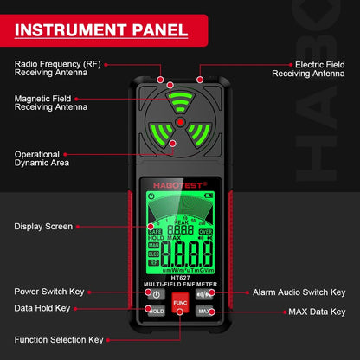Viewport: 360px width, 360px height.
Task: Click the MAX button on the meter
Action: (204, 311)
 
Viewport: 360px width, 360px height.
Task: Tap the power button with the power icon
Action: (156, 294)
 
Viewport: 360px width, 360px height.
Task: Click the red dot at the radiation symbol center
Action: (179, 123)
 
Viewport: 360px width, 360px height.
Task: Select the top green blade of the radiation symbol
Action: (179, 100)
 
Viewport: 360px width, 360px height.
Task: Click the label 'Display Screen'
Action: (43, 227)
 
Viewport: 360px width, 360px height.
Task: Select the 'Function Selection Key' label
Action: (58, 339)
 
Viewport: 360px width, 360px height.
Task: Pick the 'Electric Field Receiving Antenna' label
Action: (308, 68)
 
